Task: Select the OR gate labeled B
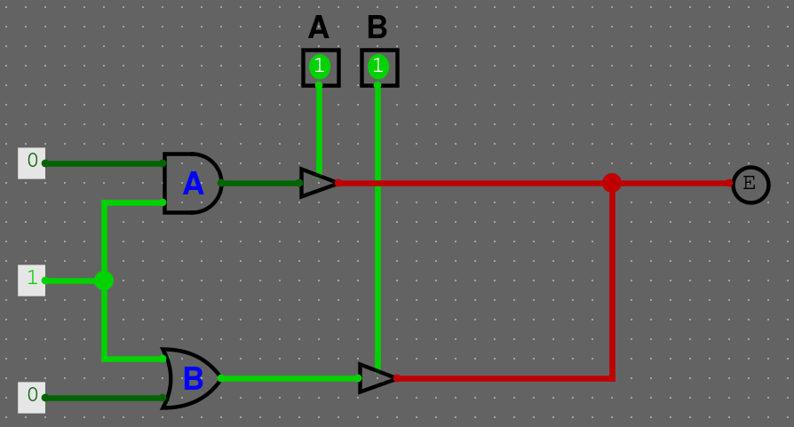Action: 190,378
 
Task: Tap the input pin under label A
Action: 320,67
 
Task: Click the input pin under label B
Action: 378,67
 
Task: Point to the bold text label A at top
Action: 318,28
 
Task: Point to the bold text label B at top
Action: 377,28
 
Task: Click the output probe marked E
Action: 750,184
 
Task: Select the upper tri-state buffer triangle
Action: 317,183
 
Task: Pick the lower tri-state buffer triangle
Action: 376,378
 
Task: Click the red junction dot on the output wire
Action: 611,183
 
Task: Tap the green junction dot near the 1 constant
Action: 104,281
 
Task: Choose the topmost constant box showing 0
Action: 32,162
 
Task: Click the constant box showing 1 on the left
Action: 32,280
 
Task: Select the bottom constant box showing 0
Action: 32,397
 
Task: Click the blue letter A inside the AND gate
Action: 193,185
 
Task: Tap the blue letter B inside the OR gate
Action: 193,380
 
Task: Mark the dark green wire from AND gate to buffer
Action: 260,183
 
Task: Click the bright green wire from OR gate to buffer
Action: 289,378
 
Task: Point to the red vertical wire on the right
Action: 612,284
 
